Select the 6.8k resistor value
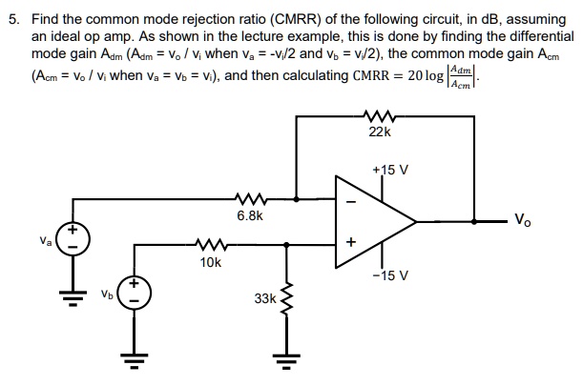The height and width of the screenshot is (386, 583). tap(250, 216)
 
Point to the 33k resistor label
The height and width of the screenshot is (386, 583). tap(264, 298)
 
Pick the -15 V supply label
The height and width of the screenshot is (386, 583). tap(393, 275)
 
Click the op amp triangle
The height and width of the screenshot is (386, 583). tap(372, 222)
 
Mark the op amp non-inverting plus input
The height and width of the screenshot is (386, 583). tap(349, 244)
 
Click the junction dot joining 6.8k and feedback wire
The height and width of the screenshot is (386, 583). tap(299, 199)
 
